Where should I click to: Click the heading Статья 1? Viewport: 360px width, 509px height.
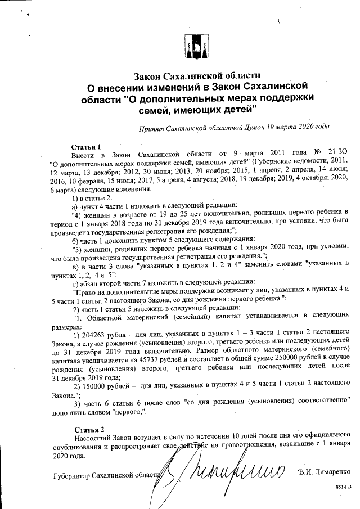(x=86, y=147)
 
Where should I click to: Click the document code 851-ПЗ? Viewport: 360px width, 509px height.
(x=343, y=484)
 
